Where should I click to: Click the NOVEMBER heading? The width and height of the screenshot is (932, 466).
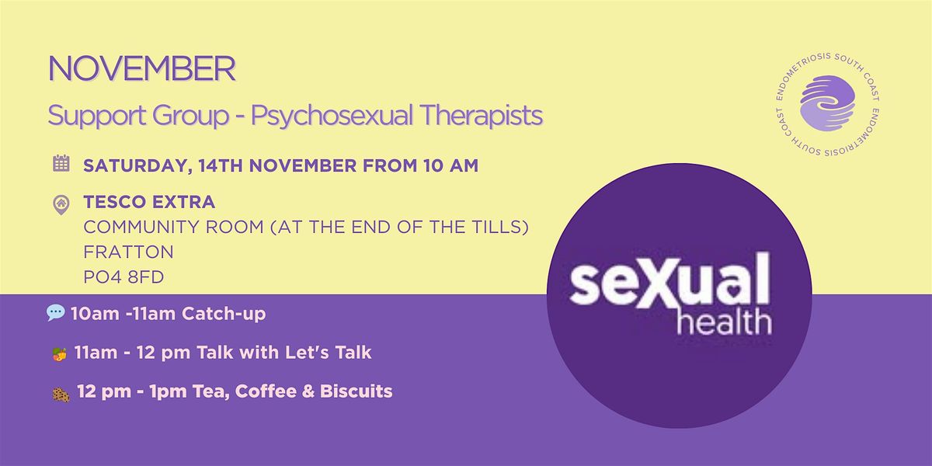[142, 69]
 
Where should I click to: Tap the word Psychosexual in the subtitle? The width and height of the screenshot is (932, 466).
[332, 116]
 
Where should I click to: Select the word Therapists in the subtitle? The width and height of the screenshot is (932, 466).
[481, 115]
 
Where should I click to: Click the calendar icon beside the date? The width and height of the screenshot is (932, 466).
[61, 163]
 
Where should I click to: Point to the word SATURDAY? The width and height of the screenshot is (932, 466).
[137, 166]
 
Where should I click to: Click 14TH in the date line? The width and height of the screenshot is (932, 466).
[220, 165]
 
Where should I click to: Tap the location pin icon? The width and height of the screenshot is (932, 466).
[61, 205]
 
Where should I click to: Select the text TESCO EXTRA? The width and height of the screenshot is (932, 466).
[149, 202]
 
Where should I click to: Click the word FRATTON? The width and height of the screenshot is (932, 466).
[129, 252]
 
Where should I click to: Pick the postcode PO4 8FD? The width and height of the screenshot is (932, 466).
[123, 277]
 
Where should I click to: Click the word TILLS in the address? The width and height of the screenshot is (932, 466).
[497, 227]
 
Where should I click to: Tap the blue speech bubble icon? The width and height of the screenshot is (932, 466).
[55, 312]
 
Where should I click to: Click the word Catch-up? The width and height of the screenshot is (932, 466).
[224, 314]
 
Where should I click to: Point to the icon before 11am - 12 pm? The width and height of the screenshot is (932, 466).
[60, 354]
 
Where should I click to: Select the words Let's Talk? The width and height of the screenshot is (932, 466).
[328, 353]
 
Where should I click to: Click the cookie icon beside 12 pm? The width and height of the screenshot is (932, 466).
[61, 395]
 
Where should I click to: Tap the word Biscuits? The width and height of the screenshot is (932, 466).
[356, 391]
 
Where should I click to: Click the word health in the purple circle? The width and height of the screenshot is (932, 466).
[724, 322]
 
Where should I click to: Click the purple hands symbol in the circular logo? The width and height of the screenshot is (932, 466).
[827, 103]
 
